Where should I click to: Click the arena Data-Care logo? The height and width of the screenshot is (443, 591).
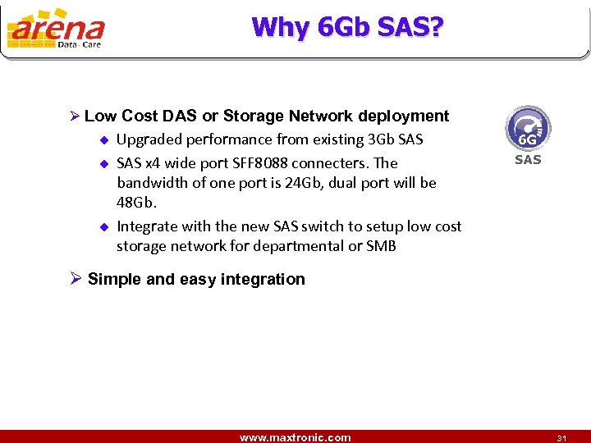click(x=56, y=30)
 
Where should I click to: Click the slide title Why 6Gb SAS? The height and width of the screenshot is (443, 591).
click(x=347, y=27)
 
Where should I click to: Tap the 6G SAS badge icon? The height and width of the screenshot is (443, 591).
click(x=528, y=130)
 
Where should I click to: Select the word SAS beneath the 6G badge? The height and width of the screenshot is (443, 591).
click(x=528, y=160)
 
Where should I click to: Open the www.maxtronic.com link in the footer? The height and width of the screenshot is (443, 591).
click(x=295, y=437)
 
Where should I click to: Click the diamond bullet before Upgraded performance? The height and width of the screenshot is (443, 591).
click(x=103, y=139)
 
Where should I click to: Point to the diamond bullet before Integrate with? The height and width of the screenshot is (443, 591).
click(x=103, y=226)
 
